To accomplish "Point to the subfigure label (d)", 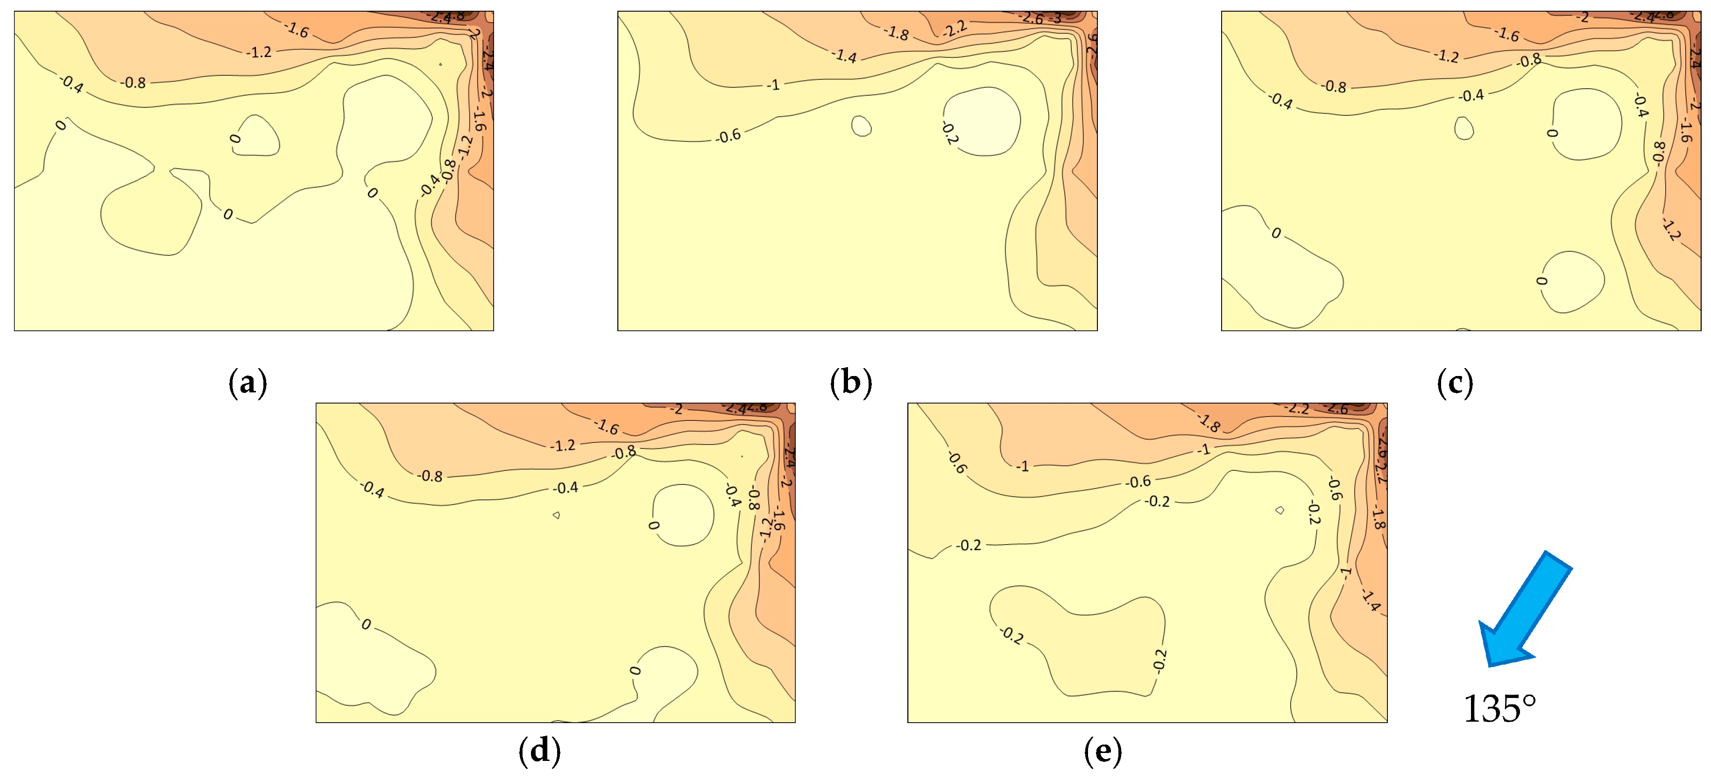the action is pos(539,751).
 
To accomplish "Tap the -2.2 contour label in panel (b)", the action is pos(954,28).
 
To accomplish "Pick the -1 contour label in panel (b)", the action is pos(773,85).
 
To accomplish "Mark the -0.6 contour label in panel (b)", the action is pos(728,135).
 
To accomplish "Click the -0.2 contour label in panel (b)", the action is pos(950,133).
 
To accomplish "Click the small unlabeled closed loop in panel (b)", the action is pos(862,126).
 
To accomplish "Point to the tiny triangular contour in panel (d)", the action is pos(556,515).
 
